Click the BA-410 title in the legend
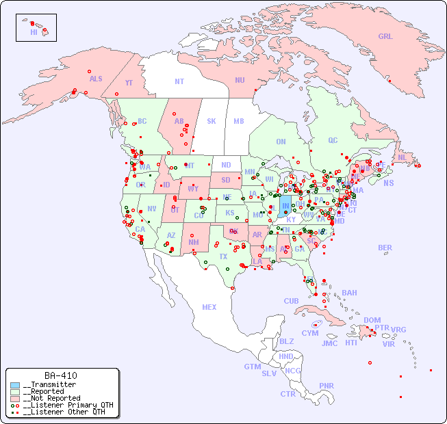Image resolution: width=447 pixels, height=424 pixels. [x=61, y=375]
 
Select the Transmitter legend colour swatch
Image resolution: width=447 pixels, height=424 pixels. [x=15, y=384]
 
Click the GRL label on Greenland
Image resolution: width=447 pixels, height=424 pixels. [x=385, y=36]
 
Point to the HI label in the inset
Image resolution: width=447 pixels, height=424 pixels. [x=34, y=32]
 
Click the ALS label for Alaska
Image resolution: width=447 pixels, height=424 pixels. [x=96, y=79]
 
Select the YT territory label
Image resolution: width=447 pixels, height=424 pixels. [x=129, y=83]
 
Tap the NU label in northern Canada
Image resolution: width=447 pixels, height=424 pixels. [x=240, y=80]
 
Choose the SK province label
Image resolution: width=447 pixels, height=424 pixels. [x=212, y=121]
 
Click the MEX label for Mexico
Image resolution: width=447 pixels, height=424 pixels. [x=209, y=307]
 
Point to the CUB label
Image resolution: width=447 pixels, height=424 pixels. [x=291, y=301]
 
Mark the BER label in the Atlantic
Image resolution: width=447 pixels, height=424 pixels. [x=385, y=248]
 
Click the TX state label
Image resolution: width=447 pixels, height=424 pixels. [x=223, y=256]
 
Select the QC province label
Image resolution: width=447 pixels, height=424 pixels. [x=333, y=140]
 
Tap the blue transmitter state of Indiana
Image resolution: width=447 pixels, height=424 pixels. [x=285, y=205]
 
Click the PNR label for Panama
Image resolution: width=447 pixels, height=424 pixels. [x=327, y=386]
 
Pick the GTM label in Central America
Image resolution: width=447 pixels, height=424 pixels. [x=252, y=367]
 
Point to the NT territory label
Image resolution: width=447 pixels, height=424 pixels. [x=179, y=81]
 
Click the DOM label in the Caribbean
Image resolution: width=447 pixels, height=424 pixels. [x=372, y=320]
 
